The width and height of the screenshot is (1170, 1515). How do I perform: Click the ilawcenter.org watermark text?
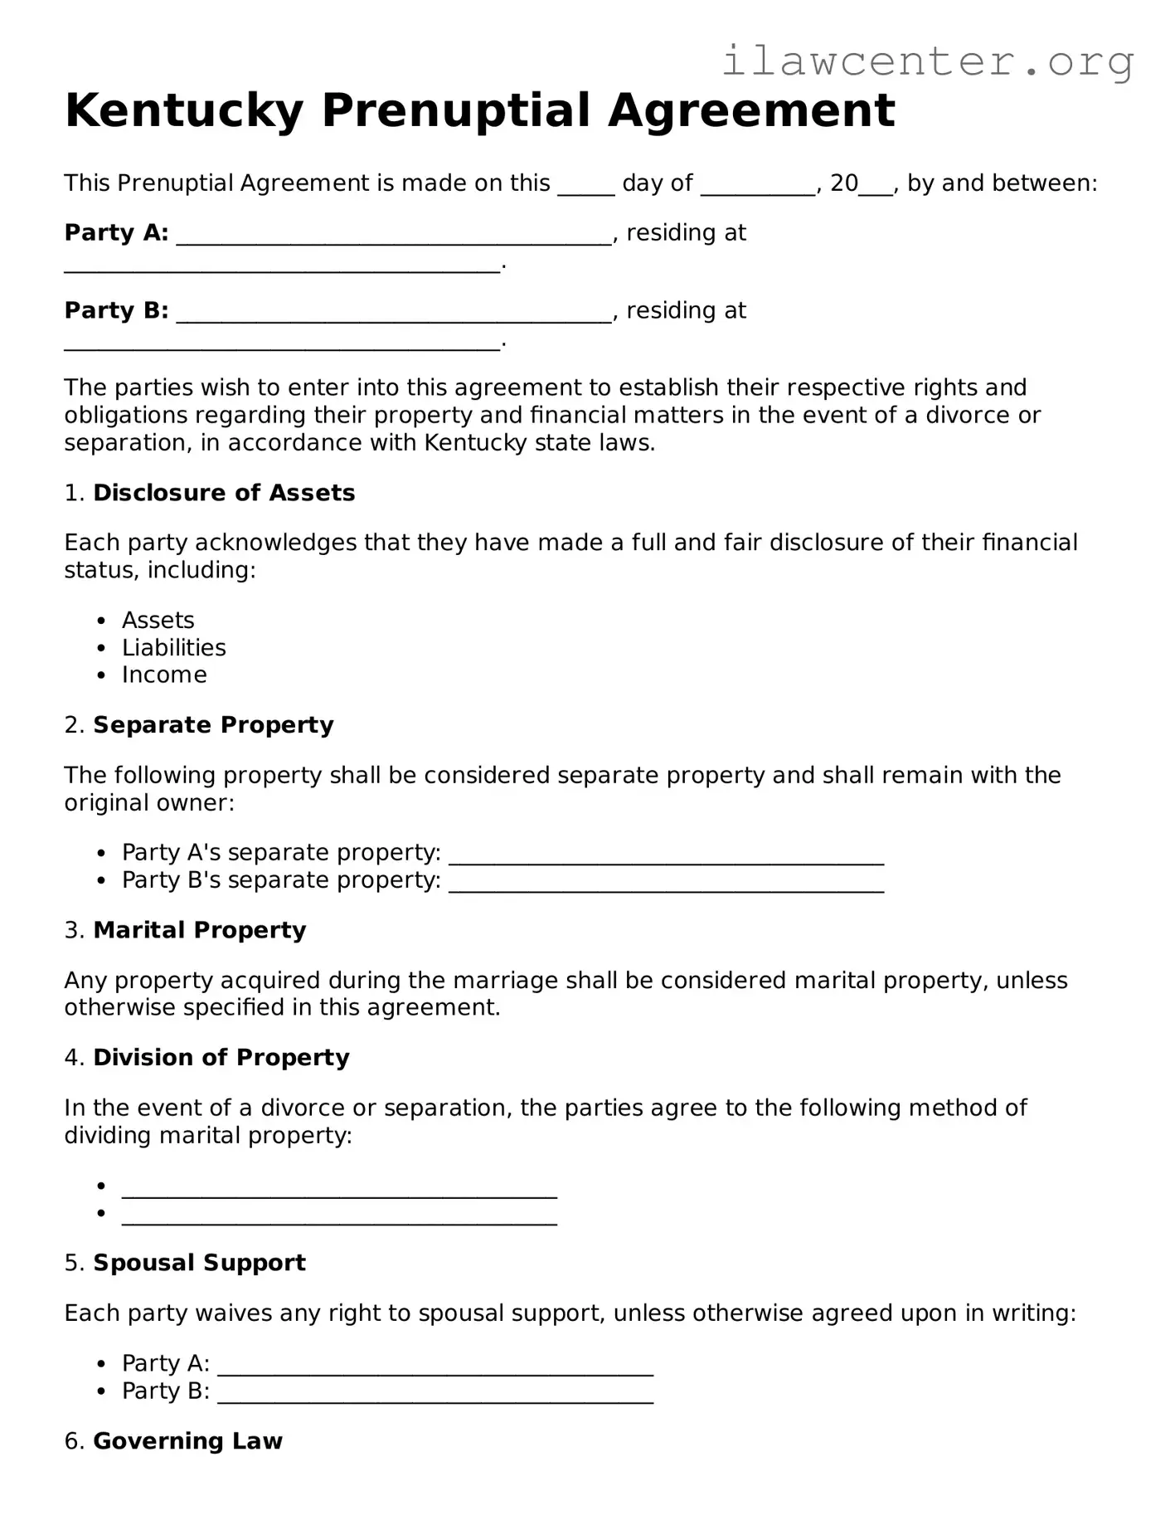(927, 62)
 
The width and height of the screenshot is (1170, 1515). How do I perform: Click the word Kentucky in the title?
(183, 110)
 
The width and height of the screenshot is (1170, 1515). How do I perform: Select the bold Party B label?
(116, 310)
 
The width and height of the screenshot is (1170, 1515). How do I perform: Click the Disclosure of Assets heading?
(224, 493)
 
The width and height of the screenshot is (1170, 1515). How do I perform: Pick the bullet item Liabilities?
(173, 648)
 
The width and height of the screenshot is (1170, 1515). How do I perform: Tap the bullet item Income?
(164, 675)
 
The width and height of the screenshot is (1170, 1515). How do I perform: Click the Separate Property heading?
(213, 725)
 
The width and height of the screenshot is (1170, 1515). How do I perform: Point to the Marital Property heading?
(199, 930)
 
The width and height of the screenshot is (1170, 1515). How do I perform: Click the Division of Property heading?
(221, 1058)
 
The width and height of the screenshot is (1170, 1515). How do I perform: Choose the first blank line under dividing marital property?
(339, 1190)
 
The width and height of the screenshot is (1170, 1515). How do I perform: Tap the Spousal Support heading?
(199, 1263)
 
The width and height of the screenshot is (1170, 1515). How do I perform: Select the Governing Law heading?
(187, 1441)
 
